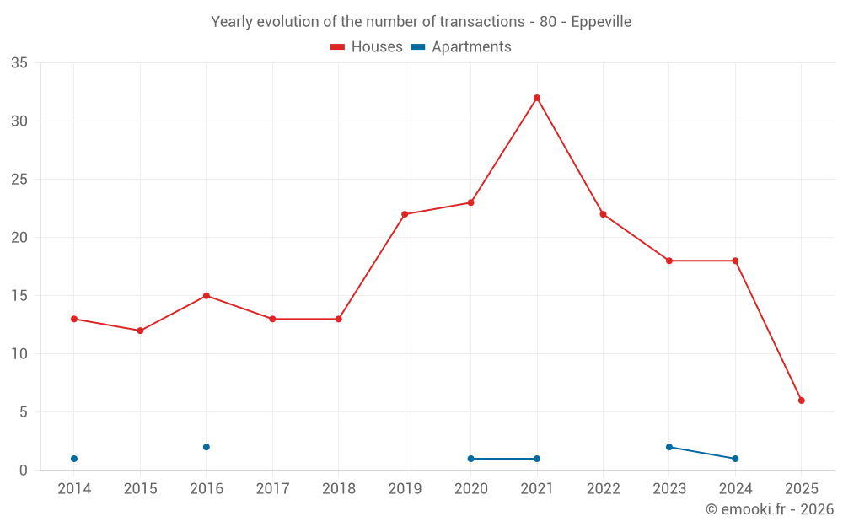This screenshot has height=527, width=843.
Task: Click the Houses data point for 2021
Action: [x=537, y=98]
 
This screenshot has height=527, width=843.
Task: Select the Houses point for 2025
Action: [x=802, y=401]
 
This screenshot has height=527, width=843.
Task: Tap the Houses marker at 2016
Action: [x=207, y=296]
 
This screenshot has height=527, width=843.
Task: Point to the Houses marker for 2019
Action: [x=405, y=214]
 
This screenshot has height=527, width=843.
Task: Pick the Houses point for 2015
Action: [x=140, y=331]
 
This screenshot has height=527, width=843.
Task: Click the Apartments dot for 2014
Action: [x=74, y=459]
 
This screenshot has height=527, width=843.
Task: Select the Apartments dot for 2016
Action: [x=207, y=447]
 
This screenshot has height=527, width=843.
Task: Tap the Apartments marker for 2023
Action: [x=669, y=447]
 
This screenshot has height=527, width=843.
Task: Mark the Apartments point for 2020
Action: [x=470, y=459]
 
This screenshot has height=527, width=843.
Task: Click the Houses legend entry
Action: [x=367, y=47]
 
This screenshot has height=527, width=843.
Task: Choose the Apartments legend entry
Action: [x=461, y=47]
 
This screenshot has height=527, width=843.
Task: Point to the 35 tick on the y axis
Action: [x=19, y=63]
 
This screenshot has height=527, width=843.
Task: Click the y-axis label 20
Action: [x=19, y=238]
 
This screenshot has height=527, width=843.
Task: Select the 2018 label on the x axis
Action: [x=338, y=489]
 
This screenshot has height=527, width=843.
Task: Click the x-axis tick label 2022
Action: [x=603, y=489]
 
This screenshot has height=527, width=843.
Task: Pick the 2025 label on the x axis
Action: [x=802, y=489]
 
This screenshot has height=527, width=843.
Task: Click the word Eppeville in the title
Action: [x=601, y=22]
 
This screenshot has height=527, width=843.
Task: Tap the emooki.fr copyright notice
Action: [x=769, y=509]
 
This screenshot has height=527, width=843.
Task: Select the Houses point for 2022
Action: [x=603, y=214]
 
